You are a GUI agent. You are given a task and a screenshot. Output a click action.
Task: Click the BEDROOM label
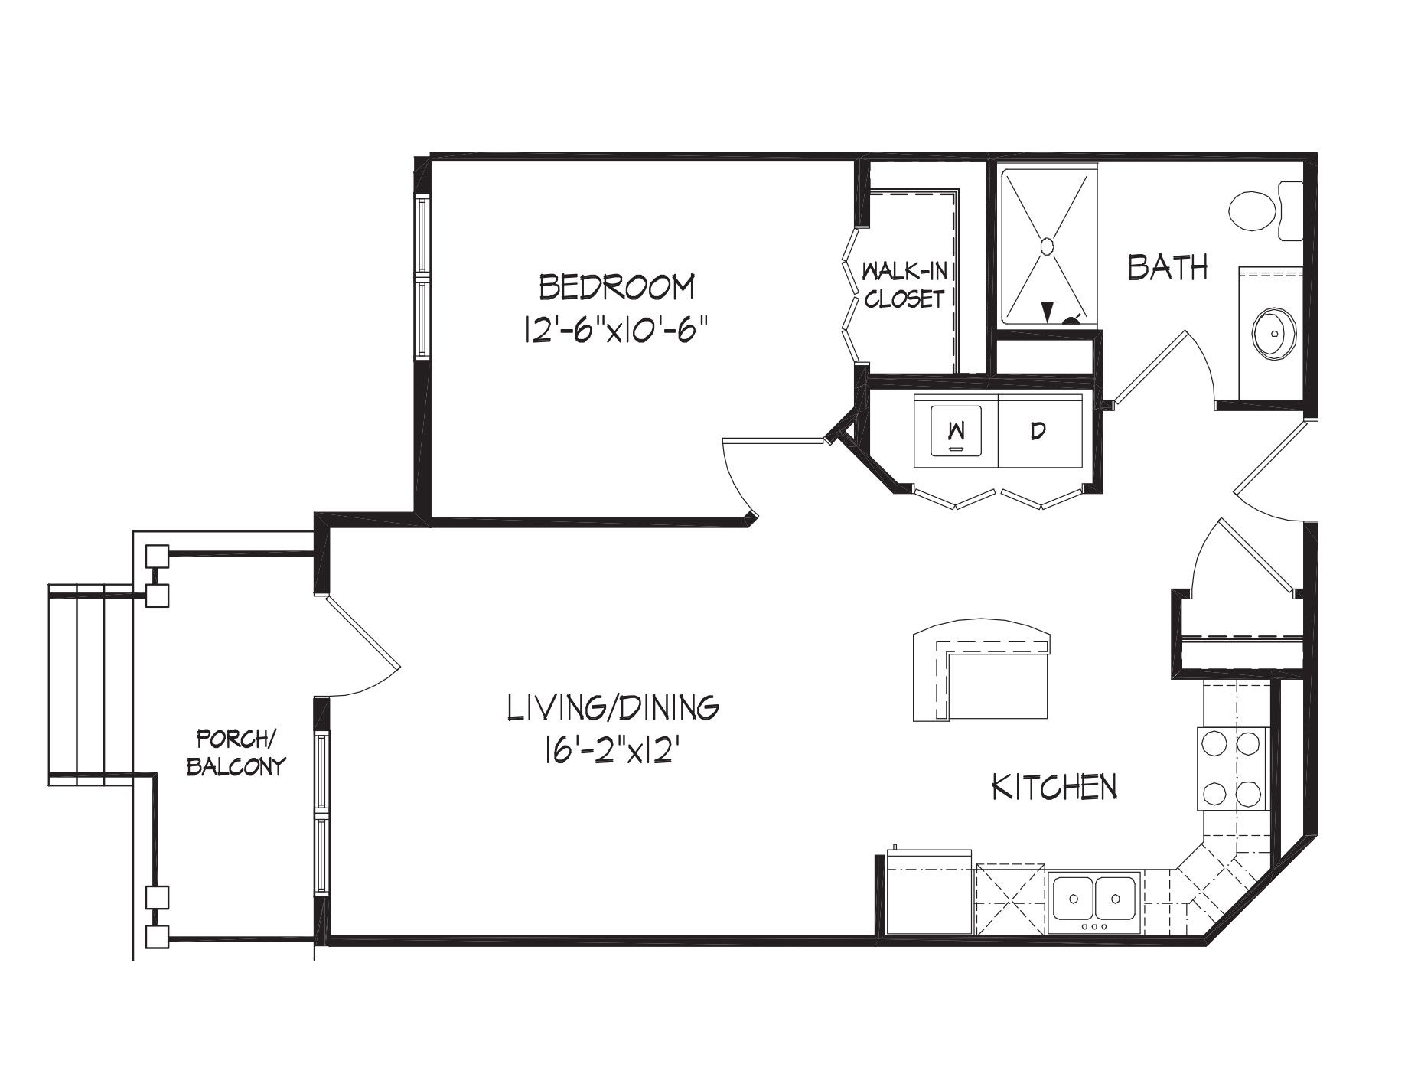click(618, 287)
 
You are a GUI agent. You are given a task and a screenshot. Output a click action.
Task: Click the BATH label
click(1168, 268)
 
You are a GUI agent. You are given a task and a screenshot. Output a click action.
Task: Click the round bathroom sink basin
click(1274, 334)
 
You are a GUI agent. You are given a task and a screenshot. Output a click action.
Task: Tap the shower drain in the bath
click(1047, 245)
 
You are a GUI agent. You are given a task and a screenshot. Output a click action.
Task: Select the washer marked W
click(957, 430)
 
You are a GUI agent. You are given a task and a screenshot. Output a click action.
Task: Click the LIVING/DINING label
click(613, 707)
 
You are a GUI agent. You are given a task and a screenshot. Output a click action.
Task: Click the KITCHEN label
click(1055, 786)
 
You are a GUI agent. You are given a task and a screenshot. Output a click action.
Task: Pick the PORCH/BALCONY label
click(236, 752)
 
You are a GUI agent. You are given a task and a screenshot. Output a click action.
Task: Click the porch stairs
click(91, 685)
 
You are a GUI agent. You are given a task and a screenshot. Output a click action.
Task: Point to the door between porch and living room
click(360, 632)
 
